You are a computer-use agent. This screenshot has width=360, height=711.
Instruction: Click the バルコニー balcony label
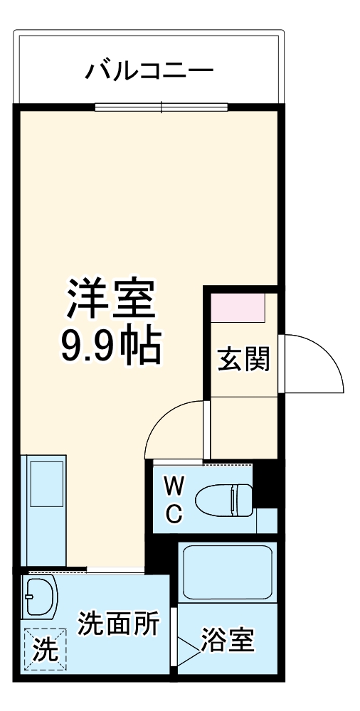click(149, 70)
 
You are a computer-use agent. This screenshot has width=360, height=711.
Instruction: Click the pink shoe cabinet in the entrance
click(238, 307)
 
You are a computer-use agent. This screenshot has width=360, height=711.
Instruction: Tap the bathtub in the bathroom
click(227, 572)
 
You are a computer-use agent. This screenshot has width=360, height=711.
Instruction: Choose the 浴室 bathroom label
click(227, 641)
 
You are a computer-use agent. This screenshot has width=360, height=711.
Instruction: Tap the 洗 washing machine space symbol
click(44, 651)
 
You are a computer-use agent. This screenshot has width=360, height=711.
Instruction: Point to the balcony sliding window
click(162, 108)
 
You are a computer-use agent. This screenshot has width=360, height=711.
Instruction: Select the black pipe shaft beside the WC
click(265, 483)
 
